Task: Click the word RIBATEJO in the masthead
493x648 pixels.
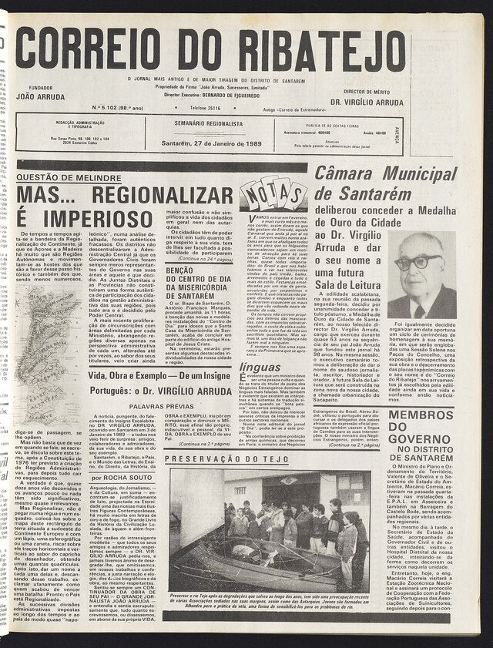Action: point(323,49)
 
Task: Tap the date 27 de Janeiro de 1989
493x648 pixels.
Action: point(218,144)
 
